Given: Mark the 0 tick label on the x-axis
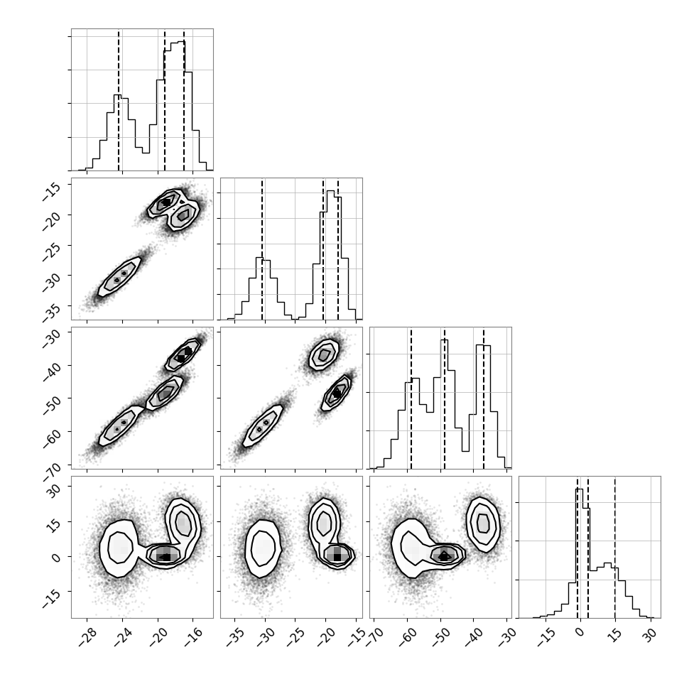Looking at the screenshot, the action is [x=580, y=632].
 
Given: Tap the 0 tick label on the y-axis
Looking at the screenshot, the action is [x=56, y=557].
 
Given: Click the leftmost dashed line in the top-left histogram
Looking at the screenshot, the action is [x=119, y=99].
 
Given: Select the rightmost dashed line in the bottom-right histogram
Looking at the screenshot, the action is [x=614, y=547].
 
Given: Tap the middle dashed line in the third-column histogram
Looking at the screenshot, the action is [x=445, y=398].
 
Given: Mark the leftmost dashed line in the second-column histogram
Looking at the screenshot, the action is [x=262, y=249].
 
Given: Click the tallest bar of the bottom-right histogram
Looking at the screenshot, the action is [x=579, y=553].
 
